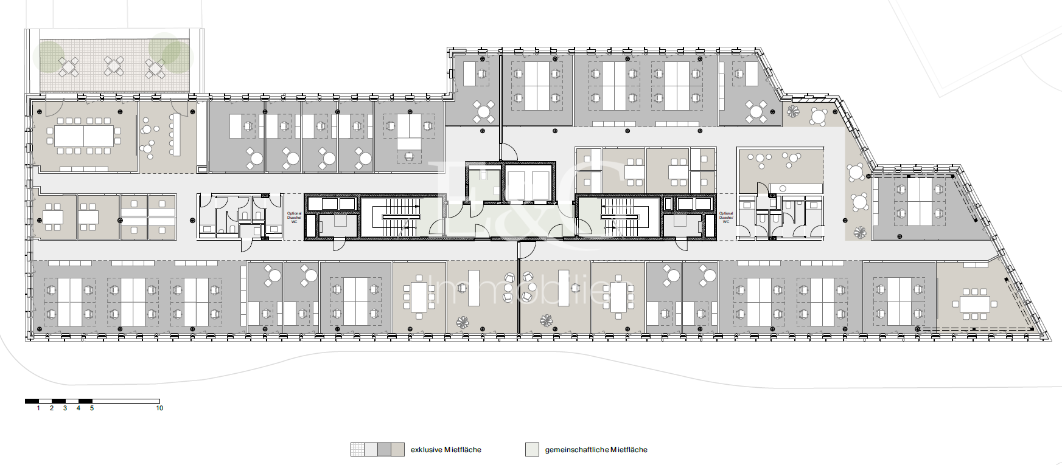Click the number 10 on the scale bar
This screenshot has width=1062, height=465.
click(x=159, y=408)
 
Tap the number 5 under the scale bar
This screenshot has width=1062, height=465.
click(x=92, y=408)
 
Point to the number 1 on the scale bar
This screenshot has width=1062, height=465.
click(x=38, y=408)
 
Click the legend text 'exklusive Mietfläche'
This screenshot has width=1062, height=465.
click(x=445, y=450)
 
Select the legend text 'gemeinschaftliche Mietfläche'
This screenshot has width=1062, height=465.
click(x=596, y=450)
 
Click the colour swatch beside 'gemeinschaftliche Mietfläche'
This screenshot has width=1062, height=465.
click(x=532, y=450)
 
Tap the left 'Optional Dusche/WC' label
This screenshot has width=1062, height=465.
click(x=294, y=218)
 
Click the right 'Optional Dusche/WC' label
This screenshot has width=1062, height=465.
click(x=726, y=218)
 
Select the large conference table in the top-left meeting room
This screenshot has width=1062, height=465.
click(x=84, y=136)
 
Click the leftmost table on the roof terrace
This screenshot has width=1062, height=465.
click(x=68, y=66)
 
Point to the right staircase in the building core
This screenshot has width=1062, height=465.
click(x=619, y=216)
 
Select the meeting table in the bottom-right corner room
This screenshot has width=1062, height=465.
click(x=974, y=304)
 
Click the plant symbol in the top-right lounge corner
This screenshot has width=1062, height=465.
click(x=792, y=111)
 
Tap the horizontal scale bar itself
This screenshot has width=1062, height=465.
click(x=92, y=401)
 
